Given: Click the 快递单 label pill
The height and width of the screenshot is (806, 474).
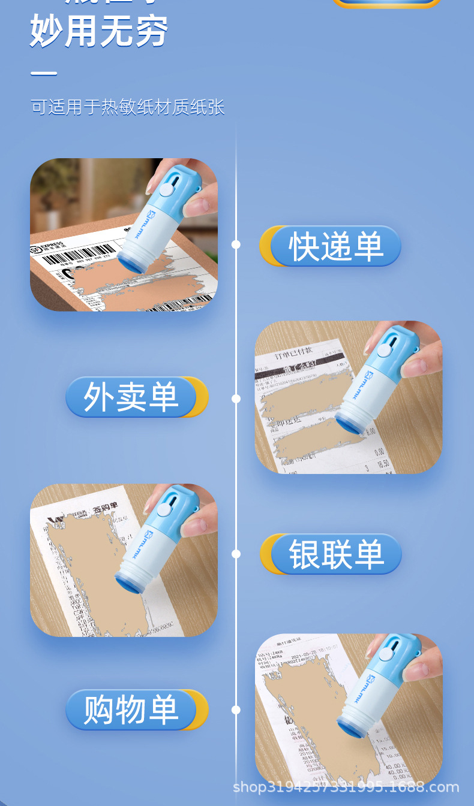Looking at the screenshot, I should point(335,246).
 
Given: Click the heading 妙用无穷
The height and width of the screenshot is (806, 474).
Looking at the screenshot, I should point(99,31).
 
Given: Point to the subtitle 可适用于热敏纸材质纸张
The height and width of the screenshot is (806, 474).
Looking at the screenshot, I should point(128,107).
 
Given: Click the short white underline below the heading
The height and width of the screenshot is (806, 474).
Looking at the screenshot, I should point(44,74).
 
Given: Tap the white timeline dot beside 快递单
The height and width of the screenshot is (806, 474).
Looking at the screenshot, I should point(236,244).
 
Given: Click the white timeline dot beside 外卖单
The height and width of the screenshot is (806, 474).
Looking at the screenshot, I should point(236,399).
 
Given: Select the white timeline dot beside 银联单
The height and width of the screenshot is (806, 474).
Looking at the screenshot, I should point(236,554).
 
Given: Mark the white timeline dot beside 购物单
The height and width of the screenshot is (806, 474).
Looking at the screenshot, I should point(236,710).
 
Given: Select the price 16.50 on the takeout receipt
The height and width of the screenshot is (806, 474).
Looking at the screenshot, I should point(382,463).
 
